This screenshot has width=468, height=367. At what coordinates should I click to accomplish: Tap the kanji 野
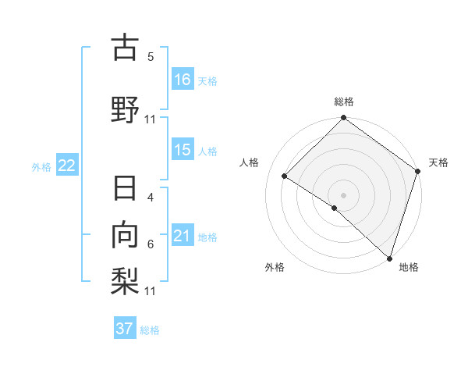coord(125,109)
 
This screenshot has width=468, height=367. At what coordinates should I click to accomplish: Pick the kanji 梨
coord(125,279)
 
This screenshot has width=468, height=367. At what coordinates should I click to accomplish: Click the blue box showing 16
coord(183,79)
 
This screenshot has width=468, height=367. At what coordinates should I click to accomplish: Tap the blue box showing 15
coord(183,150)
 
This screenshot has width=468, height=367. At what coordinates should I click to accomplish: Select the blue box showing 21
coord(183,236)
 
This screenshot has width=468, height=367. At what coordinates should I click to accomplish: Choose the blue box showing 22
coord(67,166)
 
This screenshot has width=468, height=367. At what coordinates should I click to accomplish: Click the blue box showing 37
coord(125,329)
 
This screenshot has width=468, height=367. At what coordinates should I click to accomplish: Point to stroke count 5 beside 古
coord(151,57)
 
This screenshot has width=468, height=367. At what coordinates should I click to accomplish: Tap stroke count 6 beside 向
coord(151,244)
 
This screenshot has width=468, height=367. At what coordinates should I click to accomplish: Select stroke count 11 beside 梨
coord(151,291)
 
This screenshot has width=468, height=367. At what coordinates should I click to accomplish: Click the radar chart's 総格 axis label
coord(344,102)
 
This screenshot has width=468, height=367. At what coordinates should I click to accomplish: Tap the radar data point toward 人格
coord(285,176)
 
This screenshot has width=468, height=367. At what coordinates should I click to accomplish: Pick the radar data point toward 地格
coord(389,258)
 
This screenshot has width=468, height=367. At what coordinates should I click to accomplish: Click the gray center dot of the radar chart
coord(344,194)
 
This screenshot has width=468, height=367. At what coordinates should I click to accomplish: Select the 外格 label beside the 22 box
coord(41,166)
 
